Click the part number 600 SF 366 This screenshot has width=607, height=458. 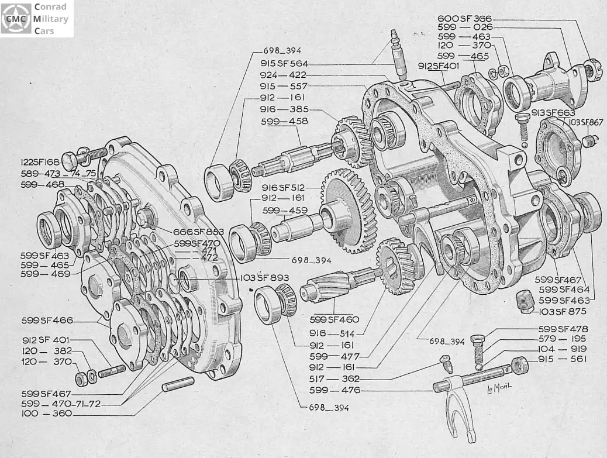(x=464, y=18)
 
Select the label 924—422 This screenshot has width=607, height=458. (x=282, y=75)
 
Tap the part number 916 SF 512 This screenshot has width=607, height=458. (x=283, y=188)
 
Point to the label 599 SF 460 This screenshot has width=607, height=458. (x=334, y=319)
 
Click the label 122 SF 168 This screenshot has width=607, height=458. (x=40, y=162)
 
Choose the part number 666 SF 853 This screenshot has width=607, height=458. (x=198, y=232)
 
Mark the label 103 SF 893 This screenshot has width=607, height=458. (x=264, y=278)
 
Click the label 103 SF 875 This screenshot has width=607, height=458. (x=561, y=311)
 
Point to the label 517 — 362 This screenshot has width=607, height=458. (x=334, y=378)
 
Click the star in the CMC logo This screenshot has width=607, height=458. (x=16, y=19)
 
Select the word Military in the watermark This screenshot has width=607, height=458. (x=51, y=19)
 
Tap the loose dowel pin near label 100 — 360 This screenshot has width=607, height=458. (x=178, y=384)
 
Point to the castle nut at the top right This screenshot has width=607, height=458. (x=592, y=68)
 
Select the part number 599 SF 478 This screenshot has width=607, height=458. (x=563, y=329)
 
